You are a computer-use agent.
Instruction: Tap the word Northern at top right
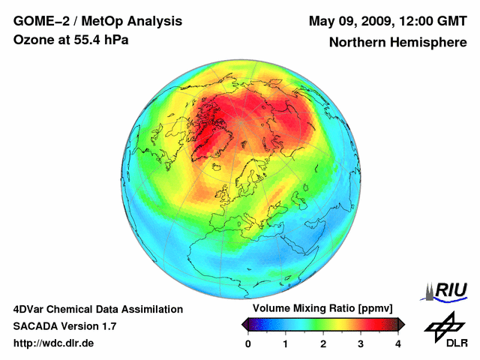click(x=355, y=43)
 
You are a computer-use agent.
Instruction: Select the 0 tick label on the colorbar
click(x=248, y=343)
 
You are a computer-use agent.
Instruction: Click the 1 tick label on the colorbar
click(x=286, y=343)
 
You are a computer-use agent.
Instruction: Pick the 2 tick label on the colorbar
click(x=323, y=343)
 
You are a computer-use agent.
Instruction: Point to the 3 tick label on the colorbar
click(x=361, y=343)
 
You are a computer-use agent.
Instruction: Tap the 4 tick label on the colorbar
click(x=398, y=343)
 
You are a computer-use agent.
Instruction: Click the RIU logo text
click(x=451, y=290)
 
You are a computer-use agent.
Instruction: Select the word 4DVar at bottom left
click(x=30, y=309)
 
